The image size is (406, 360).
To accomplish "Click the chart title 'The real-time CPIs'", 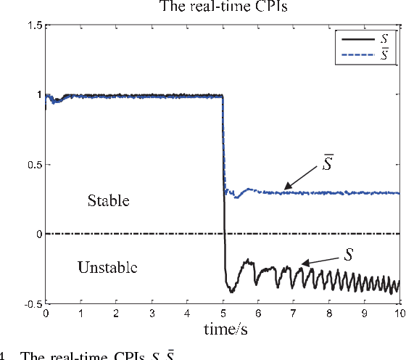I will pyautogui.click(x=223, y=9).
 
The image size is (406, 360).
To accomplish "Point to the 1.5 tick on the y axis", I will pyautogui.click(x=33, y=25).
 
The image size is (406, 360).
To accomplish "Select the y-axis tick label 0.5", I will pyautogui.click(x=33, y=165).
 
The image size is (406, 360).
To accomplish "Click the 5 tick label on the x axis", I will pyautogui.click(x=223, y=314).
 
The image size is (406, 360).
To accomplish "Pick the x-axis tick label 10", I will pyautogui.click(x=399, y=314).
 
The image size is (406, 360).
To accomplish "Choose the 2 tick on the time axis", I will pyautogui.click(x=116, y=314).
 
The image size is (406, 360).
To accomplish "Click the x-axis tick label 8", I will pyautogui.click(x=328, y=314).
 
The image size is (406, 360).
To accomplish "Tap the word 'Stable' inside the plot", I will pyautogui.click(x=109, y=200).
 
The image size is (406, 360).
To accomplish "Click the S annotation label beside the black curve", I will pyautogui.click(x=349, y=255).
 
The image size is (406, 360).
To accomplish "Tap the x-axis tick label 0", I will pyautogui.click(x=46, y=314).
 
